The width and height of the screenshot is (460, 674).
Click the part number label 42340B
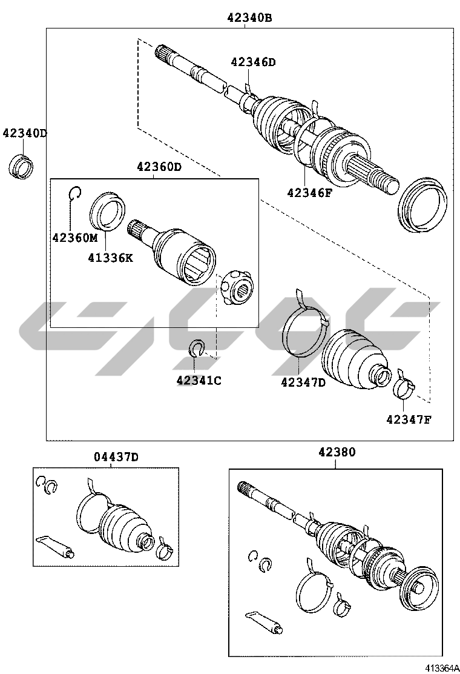click(250, 18)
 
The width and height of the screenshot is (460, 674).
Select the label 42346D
click(253, 62)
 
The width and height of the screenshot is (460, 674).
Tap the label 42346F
click(310, 193)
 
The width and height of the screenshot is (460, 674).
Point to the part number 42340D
click(25, 133)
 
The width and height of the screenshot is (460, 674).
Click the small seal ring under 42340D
click(21, 165)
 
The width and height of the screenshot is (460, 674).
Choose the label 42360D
click(159, 166)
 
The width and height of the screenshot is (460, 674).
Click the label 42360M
click(75, 237)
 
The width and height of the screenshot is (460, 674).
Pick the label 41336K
click(111, 258)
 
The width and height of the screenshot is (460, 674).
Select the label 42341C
click(199, 381)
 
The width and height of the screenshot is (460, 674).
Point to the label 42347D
click(303, 382)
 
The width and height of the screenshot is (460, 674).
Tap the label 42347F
click(409, 419)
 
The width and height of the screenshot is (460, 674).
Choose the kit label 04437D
click(116, 457)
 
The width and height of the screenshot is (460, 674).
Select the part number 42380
click(337, 452)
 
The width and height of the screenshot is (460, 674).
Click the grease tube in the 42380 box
click(264, 621)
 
